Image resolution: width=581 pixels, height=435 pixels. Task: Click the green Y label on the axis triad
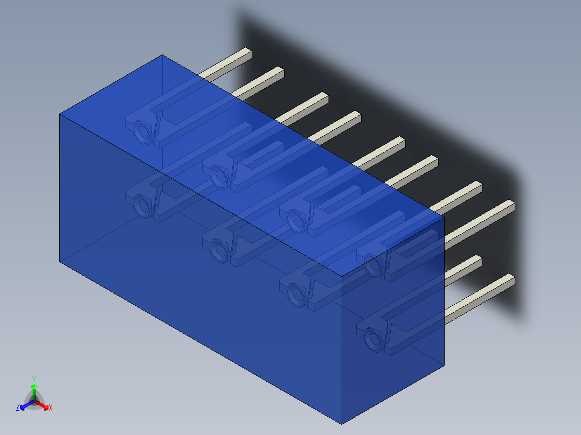coord(34,378)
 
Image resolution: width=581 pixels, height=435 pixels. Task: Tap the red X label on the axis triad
coord(51,408)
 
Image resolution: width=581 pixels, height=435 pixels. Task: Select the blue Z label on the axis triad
coord(18,408)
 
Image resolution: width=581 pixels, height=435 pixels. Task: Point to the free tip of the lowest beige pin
coord(510,279)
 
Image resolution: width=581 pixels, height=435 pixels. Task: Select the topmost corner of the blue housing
coord(162,55)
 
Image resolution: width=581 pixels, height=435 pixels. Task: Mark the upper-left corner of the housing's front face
coord(59,114)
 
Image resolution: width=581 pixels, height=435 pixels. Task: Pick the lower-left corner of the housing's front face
coord(59,262)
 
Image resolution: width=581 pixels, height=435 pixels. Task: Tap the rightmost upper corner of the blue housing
coord(444,216)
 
